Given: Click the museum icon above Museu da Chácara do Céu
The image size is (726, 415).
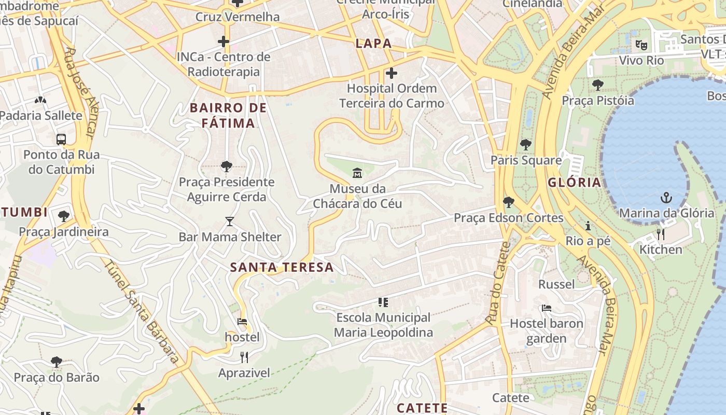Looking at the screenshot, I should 357,173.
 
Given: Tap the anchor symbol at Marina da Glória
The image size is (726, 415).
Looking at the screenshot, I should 666,198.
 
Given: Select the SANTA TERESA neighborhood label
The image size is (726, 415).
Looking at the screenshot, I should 282,268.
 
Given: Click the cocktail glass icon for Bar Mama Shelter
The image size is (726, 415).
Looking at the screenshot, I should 230,222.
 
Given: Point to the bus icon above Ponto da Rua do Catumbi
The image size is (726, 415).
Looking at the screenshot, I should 61,139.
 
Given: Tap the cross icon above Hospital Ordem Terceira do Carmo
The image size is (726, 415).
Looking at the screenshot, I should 392,73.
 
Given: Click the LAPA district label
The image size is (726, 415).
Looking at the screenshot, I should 373,44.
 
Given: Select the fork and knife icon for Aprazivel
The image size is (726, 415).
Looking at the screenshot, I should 244,357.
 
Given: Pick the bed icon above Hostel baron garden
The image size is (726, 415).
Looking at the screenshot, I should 546,308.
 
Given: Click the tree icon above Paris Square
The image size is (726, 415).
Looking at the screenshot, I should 526,145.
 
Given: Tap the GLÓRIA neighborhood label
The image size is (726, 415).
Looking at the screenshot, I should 574,183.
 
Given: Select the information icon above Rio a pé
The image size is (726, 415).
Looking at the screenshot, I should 588,226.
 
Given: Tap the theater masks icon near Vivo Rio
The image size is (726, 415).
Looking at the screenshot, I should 641,45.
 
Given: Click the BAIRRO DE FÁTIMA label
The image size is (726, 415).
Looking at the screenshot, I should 228,116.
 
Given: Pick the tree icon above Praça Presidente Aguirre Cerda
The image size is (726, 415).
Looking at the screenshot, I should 226,167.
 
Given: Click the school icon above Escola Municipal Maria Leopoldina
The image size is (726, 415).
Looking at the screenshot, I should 383,302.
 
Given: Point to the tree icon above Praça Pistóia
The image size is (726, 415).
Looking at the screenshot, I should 597,85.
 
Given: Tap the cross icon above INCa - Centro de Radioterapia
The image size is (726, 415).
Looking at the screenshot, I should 224,41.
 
